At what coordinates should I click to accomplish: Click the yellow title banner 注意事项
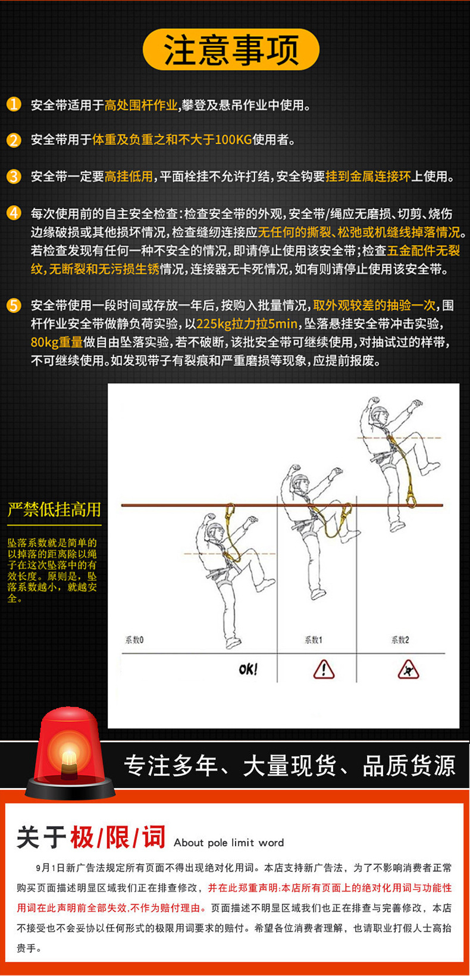point(231,49)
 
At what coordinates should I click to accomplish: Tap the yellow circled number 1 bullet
point(14,105)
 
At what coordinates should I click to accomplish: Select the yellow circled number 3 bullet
point(14,177)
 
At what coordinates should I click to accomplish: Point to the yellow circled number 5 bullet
point(14,305)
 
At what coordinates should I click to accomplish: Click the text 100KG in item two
point(233,139)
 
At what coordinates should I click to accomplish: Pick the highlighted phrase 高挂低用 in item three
point(129,177)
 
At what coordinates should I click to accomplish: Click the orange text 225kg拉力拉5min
point(247,324)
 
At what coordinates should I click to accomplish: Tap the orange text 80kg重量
point(57,342)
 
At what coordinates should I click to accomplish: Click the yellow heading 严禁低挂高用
point(54,509)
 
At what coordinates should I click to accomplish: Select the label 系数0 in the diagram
point(134,640)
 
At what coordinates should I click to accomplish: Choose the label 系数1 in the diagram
point(313,640)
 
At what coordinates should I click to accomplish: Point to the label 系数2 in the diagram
point(400,640)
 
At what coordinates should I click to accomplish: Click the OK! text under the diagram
point(248,670)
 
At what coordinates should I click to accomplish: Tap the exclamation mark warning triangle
point(324,670)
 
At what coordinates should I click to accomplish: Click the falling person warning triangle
point(408,670)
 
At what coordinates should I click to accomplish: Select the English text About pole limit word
point(228,843)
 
